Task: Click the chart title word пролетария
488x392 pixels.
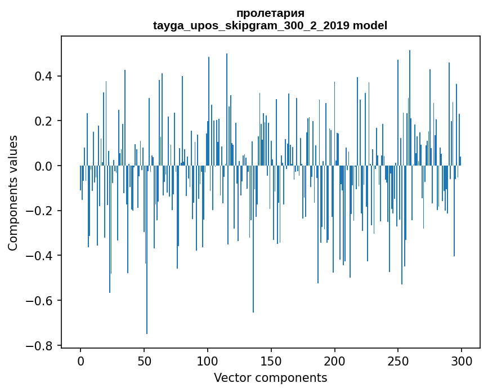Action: point(270,14)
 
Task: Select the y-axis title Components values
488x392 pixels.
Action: point(12,193)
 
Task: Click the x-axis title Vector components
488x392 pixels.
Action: point(270,377)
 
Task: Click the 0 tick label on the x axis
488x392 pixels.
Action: point(80,360)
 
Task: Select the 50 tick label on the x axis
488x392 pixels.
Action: point(144,360)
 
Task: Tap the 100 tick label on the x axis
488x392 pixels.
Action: point(208,360)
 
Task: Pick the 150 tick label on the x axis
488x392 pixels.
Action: point(271,360)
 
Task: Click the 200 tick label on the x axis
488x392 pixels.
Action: point(335,360)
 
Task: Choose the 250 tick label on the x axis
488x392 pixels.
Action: point(399,360)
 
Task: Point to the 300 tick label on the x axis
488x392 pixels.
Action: point(462,360)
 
